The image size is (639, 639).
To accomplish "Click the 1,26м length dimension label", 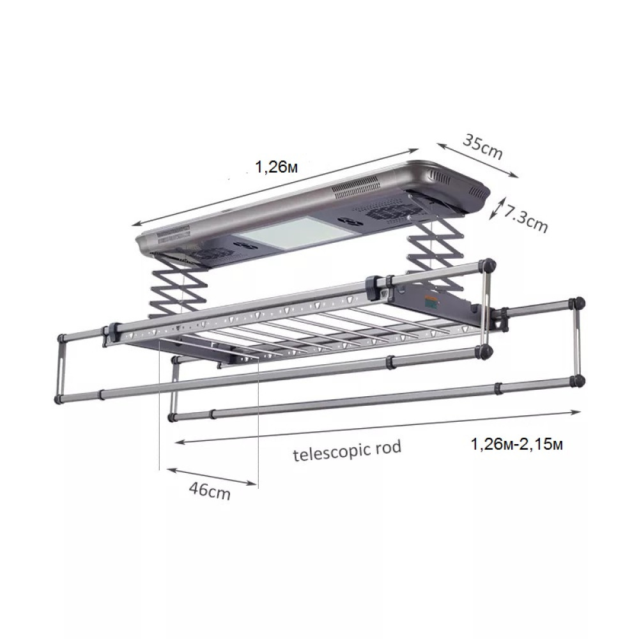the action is pyautogui.click(x=276, y=167).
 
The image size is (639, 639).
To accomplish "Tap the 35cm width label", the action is pyautogui.click(x=483, y=147).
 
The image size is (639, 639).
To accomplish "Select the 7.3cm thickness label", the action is pyautogui.click(x=525, y=219).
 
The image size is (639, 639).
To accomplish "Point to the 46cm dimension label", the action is pyautogui.click(x=210, y=491).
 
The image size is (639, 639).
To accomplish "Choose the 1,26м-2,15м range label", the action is pyautogui.click(x=516, y=444).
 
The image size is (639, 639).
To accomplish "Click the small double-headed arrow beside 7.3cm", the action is pyautogui.click(x=497, y=209).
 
